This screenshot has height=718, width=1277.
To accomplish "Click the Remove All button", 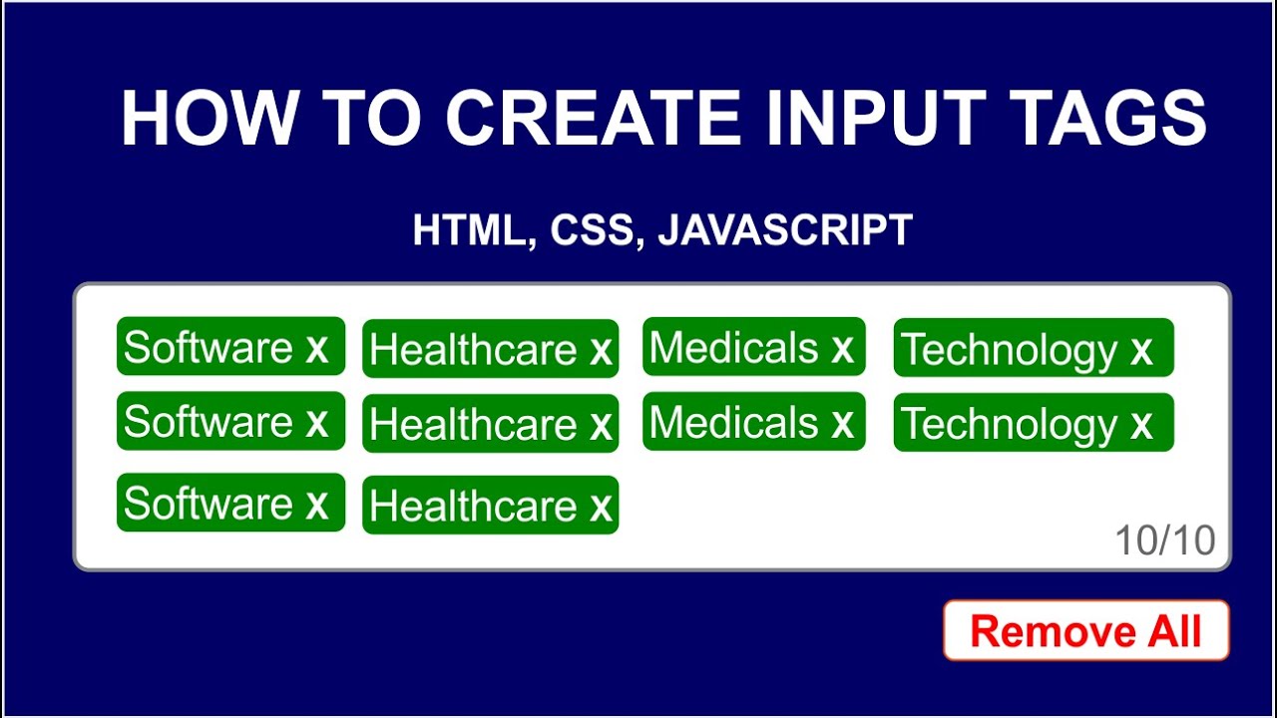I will coord(1085,631).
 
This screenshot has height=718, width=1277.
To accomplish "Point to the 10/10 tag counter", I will coord(1164,540).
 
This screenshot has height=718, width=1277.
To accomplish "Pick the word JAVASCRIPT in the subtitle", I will coord(785,230).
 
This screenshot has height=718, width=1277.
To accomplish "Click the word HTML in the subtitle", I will coord(468,230).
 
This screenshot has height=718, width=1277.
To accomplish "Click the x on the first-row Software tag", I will coord(317,348).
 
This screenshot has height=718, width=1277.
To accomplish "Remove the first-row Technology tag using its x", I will coord(1141,350).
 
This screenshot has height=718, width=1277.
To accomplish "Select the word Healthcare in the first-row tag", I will coord(473,350).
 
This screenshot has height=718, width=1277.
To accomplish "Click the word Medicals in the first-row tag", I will coord(734,348).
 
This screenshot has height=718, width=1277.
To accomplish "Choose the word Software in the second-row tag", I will coord(209,422).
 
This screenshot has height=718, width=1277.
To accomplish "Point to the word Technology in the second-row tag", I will coord(1010,425).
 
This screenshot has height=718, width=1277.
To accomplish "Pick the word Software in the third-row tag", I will coord(209,504).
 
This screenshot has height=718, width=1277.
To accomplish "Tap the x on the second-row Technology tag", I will coord(1141,425).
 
